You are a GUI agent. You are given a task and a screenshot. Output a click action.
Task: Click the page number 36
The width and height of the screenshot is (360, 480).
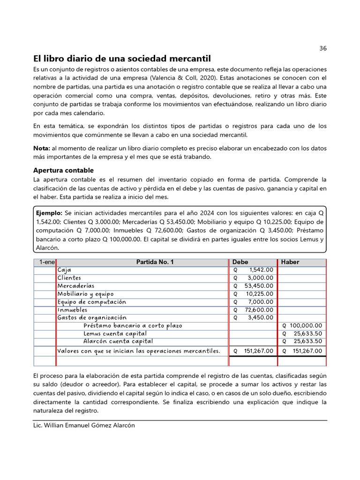tap(322, 48)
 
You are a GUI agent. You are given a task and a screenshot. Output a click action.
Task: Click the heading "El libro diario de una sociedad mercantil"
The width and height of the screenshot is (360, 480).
tap(122, 59)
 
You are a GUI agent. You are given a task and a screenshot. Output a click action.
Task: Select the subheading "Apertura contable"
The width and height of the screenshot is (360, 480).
tap(63, 170)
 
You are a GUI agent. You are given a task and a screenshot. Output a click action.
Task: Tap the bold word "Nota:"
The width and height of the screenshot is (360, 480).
tap(42, 148)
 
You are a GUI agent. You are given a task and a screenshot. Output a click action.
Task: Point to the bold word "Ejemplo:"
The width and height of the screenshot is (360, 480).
tap(49, 212)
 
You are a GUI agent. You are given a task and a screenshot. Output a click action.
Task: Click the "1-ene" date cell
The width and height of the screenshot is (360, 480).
tap(45, 262)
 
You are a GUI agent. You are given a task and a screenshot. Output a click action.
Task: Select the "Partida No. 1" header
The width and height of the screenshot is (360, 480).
tap(155, 262)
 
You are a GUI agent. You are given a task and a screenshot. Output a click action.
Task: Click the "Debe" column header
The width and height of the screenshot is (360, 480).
tap(240, 262)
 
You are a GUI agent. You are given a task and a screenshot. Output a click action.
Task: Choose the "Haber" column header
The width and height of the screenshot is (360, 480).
tap(290, 262)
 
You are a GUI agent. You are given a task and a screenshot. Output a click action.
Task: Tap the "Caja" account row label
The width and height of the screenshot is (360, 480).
tap(65, 270)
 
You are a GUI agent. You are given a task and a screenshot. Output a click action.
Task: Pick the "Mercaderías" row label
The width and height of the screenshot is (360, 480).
tap(76, 286)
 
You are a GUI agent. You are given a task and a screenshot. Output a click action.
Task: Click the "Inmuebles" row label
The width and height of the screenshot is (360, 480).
tap(72, 310)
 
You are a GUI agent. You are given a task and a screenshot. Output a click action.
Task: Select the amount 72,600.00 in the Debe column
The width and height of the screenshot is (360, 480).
tap(258, 310)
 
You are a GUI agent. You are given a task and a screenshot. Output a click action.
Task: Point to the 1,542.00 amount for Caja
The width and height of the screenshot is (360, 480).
tap(261, 270)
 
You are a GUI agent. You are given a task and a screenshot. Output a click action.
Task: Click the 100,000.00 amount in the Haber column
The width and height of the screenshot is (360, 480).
tap(306, 325)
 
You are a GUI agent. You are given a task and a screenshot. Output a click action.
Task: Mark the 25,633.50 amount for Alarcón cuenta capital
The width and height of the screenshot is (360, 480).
tap(308, 341)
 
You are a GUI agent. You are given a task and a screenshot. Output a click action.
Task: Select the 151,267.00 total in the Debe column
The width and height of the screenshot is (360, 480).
tap(256, 351)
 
